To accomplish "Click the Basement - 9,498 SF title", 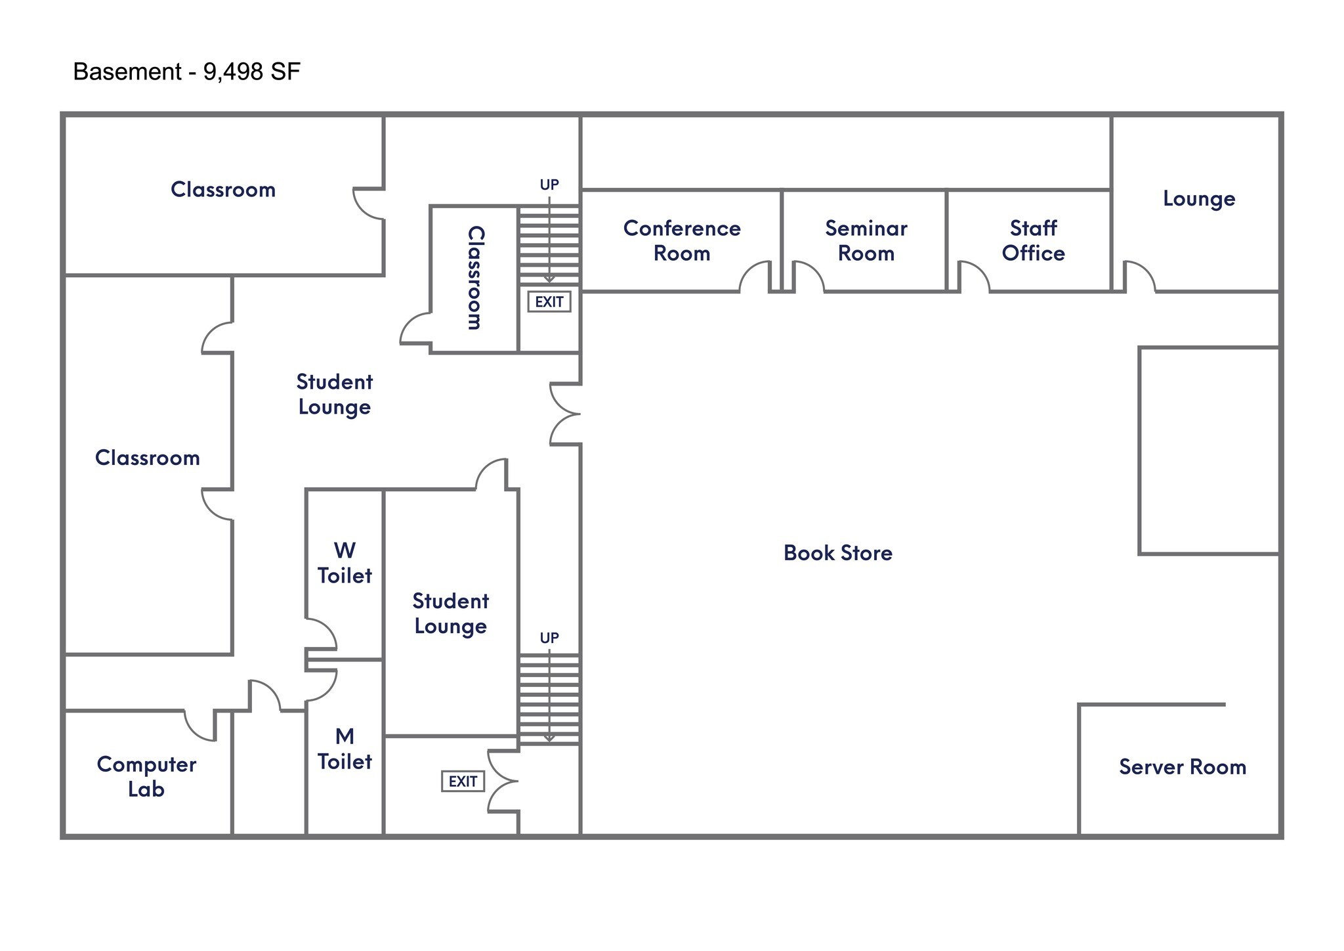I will [x=186, y=71].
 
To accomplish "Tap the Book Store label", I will [x=837, y=553].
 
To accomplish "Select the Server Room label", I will [x=1182, y=766].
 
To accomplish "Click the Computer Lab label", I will [x=146, y=776].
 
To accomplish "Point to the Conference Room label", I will [x=682, y=240].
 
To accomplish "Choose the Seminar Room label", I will [x=866, y=240].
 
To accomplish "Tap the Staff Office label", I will [x=1033, y=240].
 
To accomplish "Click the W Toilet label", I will [x=345, y=563].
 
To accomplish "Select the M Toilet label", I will [x=345, y=749].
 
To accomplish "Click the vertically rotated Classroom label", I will [x=475, y=278].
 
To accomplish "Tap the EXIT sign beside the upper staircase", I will [x=549, y=301].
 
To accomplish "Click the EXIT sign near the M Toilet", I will [x=463, y=781].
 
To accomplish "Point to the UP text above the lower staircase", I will [x=549, y=638].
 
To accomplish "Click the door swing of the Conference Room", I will [x=755, y=277].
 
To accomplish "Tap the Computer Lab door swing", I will [x=200, y=726].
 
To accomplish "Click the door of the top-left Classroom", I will [x=368, y=204].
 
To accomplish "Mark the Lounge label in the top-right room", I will [x=1198, y=198].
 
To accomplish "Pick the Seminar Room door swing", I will [x=808, y=277].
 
